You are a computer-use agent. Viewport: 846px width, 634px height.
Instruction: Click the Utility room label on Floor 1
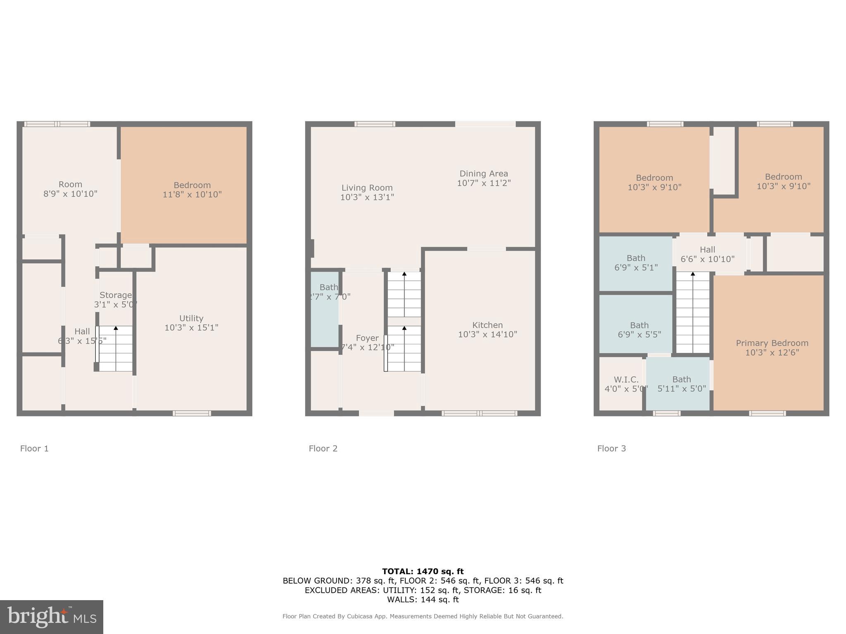[x=191, y=318]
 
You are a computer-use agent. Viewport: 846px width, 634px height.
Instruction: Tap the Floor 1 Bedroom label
[x=192, y=185]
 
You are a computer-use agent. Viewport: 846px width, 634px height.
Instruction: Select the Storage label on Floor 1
[x=115, y=295]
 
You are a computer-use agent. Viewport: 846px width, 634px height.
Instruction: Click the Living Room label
[x=367, y=188]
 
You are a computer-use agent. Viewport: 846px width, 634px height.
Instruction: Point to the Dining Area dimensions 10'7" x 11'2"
[x=484, y=183]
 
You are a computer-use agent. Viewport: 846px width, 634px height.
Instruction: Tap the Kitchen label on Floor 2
[x=487, y=325]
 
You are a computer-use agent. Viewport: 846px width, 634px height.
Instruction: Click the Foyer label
[x=367, y=338]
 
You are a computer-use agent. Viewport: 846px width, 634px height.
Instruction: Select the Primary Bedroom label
[x=772, y=343]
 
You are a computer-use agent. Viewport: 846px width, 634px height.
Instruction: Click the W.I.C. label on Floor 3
[x=626, y=379]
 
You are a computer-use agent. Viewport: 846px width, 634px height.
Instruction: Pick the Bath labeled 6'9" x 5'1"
[x=636, y=263]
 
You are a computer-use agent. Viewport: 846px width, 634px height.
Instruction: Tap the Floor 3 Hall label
[x=707, y=250]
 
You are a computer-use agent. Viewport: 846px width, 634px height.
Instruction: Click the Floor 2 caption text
[x=323, y=448]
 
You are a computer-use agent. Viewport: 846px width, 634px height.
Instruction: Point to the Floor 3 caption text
[x=611, y=448]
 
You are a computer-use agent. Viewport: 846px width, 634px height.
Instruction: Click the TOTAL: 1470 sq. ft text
[x=423, y=571]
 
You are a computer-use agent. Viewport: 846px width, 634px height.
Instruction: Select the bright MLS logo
[x=52, y=617]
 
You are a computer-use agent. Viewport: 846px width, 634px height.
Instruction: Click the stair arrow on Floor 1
[x=116, y=329]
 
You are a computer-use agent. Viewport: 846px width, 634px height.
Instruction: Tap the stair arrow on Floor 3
[x=693, y=274]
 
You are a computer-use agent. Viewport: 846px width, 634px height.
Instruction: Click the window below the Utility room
[x=192, y=413]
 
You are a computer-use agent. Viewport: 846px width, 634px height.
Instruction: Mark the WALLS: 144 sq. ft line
[x=423, y=599]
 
